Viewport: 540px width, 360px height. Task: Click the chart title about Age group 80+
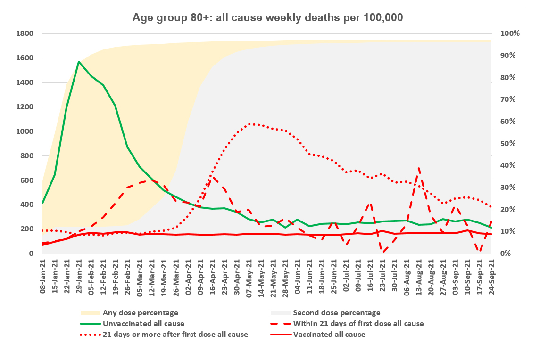coord(267,18)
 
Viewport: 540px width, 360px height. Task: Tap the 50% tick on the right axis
coord(509,144)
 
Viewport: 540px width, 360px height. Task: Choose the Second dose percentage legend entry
coord(336,313)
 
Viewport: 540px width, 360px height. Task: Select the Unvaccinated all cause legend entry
coord(143,324)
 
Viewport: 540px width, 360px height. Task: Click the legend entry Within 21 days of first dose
coord(358,324)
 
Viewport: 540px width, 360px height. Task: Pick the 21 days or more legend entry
coord(175,335)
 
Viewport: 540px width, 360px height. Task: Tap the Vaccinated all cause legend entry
coord(329,335)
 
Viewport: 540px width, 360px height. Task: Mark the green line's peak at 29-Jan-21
coord(79,62)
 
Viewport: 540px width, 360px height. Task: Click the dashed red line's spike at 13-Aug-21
coord(419,168)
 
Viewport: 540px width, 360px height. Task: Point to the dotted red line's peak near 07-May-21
coord(250,124)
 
